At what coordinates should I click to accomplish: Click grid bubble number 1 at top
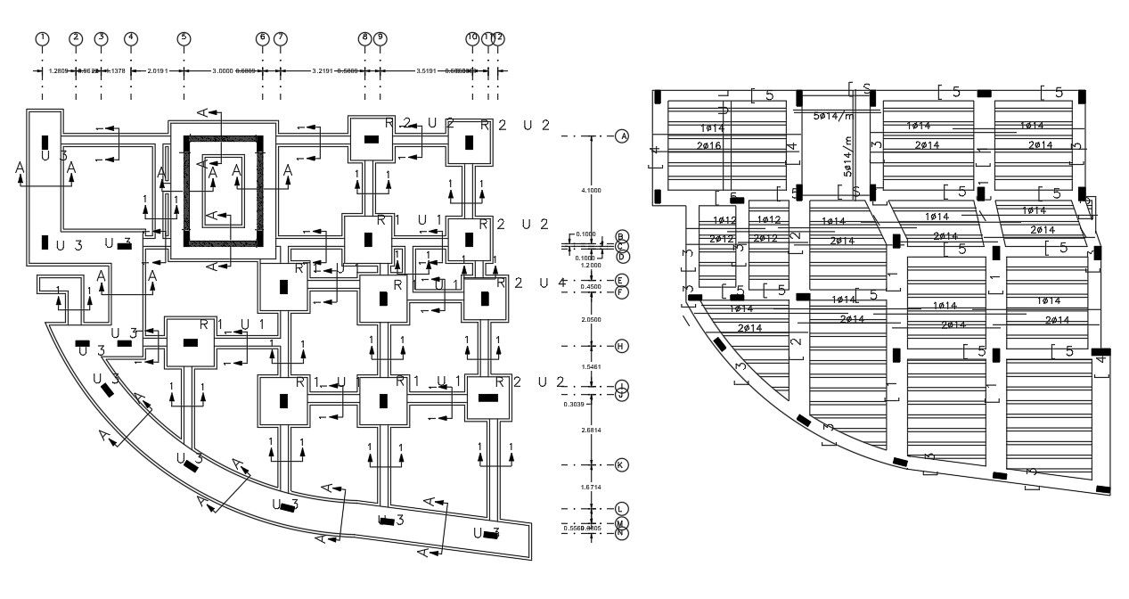tap(42, 38)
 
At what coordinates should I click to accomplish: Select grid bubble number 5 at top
tap(184, 38)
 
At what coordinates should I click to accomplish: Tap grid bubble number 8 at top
tap(364, 38)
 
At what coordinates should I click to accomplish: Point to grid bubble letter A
tap(622, 136)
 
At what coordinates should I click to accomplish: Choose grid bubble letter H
tap(622, 346)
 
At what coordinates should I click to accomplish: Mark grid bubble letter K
tap(622, 465)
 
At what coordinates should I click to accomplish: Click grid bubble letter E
tap(622, 281)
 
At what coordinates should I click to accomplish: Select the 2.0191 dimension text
tap(157, 70)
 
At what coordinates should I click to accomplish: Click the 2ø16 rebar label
tap(710, 144)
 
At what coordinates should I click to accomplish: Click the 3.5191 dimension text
tap(432, 70)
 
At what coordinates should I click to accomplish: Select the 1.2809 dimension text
tap(59, 70)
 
